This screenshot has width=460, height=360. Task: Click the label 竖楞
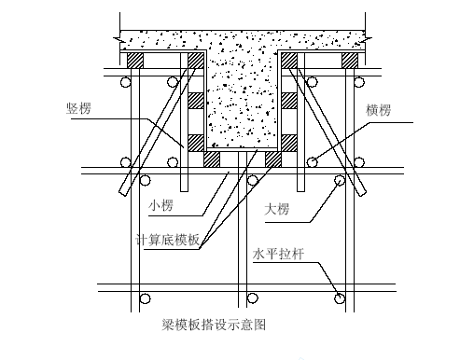tap(78, 108)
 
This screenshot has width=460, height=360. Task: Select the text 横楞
tap(378, 110)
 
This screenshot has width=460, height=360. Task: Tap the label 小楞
tap(160, 206)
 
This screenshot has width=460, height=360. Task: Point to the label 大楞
tap(277, 209)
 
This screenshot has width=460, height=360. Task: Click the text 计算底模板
tap(168, 240)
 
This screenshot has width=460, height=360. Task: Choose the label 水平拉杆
tap(278, 254)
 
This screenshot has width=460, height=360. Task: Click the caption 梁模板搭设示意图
tap(214, 325)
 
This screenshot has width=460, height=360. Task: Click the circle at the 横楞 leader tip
tap(313, 162)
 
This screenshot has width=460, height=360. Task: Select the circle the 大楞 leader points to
tap(340, 180)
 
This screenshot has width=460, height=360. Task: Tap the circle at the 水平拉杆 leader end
tap(340, 298)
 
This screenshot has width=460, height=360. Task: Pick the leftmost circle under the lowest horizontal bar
tap(145, 298)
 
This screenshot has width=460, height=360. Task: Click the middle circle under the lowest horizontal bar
tap(253, 298)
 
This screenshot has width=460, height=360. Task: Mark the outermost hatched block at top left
tap(135, 61)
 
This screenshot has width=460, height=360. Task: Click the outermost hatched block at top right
tap(350, 61)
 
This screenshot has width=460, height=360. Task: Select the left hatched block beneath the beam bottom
tap(212, 159)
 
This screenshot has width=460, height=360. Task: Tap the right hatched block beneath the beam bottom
tap(273, 159)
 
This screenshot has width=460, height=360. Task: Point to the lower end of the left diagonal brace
tap(123, 193)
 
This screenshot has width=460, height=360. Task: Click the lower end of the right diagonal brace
tap(362, 193)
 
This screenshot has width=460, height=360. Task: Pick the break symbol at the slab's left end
tap(118, 39)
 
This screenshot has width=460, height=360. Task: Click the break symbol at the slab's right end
tap(368, 39)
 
